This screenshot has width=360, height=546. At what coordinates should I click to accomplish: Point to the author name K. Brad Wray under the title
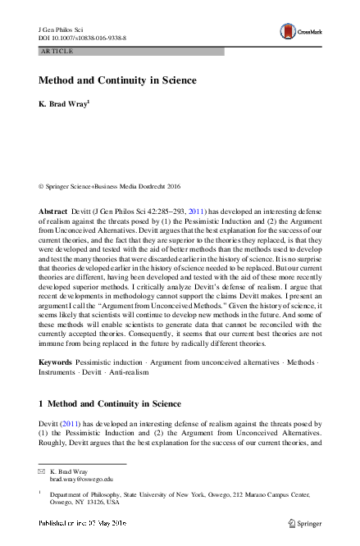[63, 107]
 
